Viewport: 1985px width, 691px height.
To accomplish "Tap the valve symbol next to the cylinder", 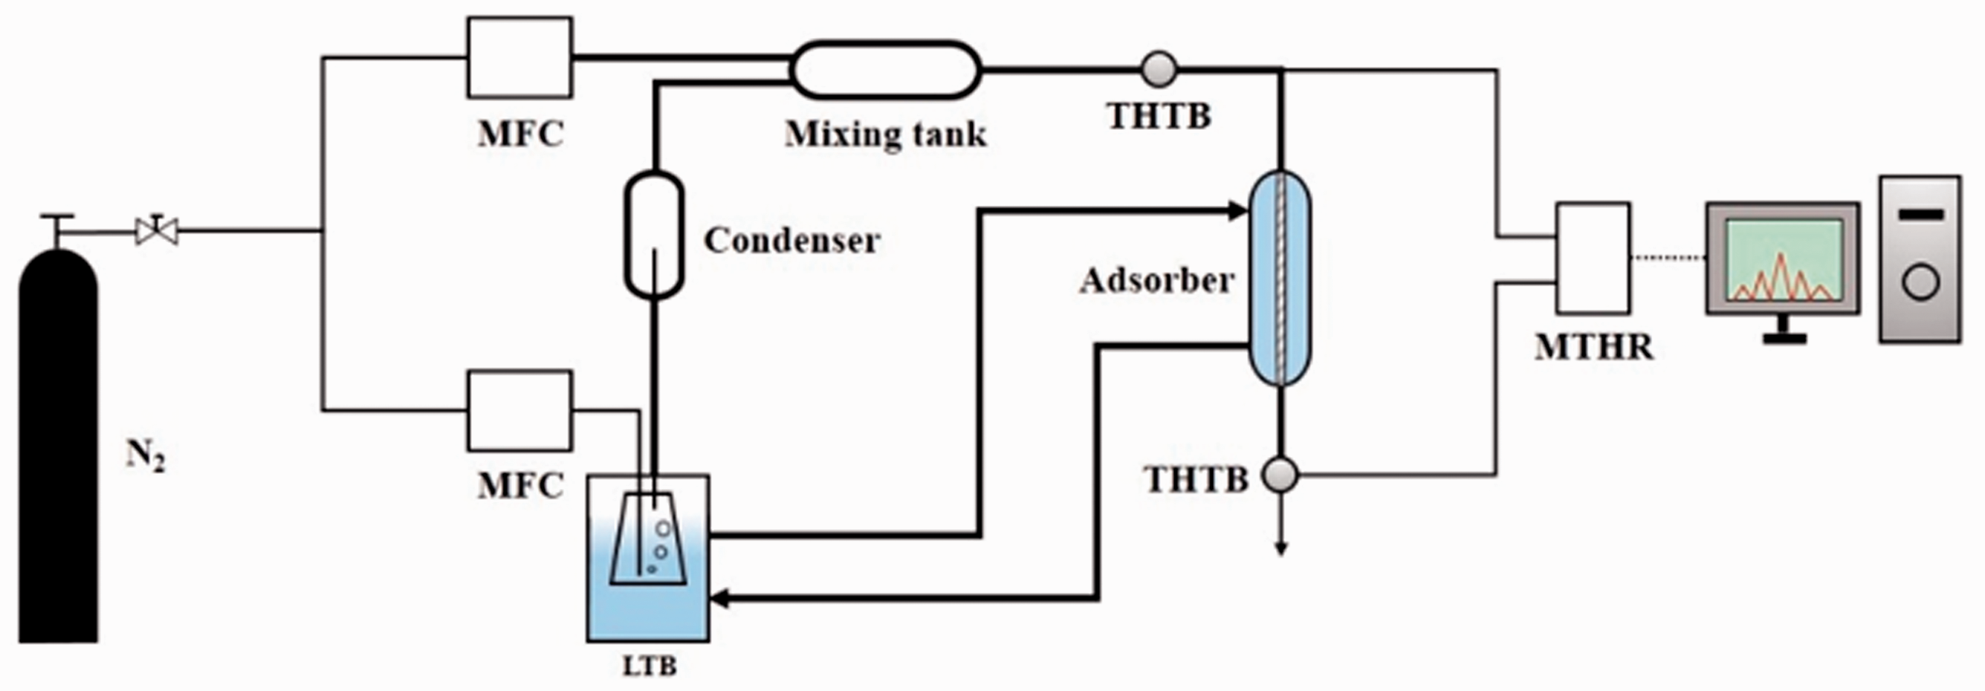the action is click(157, 230).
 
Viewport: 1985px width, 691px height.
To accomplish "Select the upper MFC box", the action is click(520, 58).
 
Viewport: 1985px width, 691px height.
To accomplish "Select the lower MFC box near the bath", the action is click(520, 411).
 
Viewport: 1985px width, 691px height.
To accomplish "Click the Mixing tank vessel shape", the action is click(886, 70).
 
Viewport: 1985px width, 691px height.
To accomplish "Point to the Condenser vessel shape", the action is click(654, 234).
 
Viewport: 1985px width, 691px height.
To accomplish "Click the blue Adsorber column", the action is click(1280, 277).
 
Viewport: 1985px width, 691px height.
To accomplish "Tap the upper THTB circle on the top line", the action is click(1159, 69).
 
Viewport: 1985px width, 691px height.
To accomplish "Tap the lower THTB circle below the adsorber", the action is click(1281, 475).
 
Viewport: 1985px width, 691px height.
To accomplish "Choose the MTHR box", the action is click(1593, 257).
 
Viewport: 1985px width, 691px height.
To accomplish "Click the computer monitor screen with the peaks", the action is click(1783, 259).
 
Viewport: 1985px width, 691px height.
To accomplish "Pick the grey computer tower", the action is click(1920, 259).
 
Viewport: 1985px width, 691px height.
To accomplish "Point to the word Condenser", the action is click(792, 241).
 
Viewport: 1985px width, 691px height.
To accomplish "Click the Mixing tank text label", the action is click(885, 134).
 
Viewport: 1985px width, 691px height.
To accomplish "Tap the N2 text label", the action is click(146, 456).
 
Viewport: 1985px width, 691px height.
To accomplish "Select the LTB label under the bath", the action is click(650, 666).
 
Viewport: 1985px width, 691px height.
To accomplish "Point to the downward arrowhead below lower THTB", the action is click(1281, 547).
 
